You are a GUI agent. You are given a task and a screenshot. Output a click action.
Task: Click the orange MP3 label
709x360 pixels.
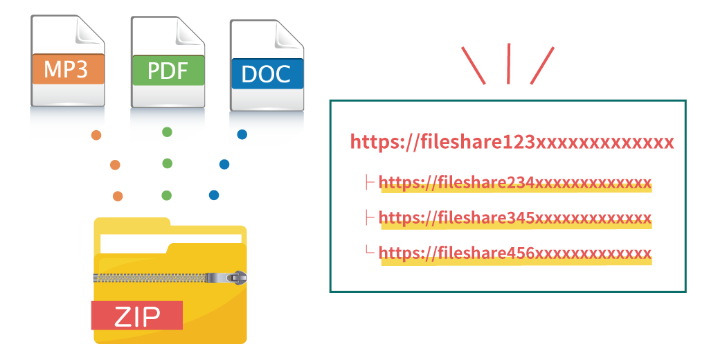click(67, 70)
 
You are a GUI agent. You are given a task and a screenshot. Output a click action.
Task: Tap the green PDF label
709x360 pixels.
click(168, 71)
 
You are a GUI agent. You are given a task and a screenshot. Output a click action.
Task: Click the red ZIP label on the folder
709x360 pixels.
click(136, 316)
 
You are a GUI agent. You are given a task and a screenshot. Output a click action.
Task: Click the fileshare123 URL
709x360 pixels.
click(512, 142)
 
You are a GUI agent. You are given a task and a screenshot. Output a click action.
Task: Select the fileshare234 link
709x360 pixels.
click(515, 183)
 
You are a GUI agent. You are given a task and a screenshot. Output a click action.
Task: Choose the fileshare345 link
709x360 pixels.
click(515, 218)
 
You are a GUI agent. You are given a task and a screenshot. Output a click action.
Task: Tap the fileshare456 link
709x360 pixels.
click(515, 253)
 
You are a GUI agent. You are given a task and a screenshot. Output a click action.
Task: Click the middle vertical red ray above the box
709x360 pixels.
click(509, 64)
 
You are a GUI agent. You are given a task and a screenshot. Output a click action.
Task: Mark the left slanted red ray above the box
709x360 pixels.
click(474, 65)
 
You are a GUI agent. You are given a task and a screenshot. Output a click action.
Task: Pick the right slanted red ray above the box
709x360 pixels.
click(543, 65)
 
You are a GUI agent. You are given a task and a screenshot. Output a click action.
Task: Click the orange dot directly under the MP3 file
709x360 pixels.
click(96, 135)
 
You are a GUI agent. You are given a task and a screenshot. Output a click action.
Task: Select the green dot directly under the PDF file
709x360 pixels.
click(167, 132)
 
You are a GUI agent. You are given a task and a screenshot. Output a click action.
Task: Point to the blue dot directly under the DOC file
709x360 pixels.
click(242, 134)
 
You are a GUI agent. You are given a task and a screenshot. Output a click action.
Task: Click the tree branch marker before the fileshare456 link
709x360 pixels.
click(370, 251)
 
